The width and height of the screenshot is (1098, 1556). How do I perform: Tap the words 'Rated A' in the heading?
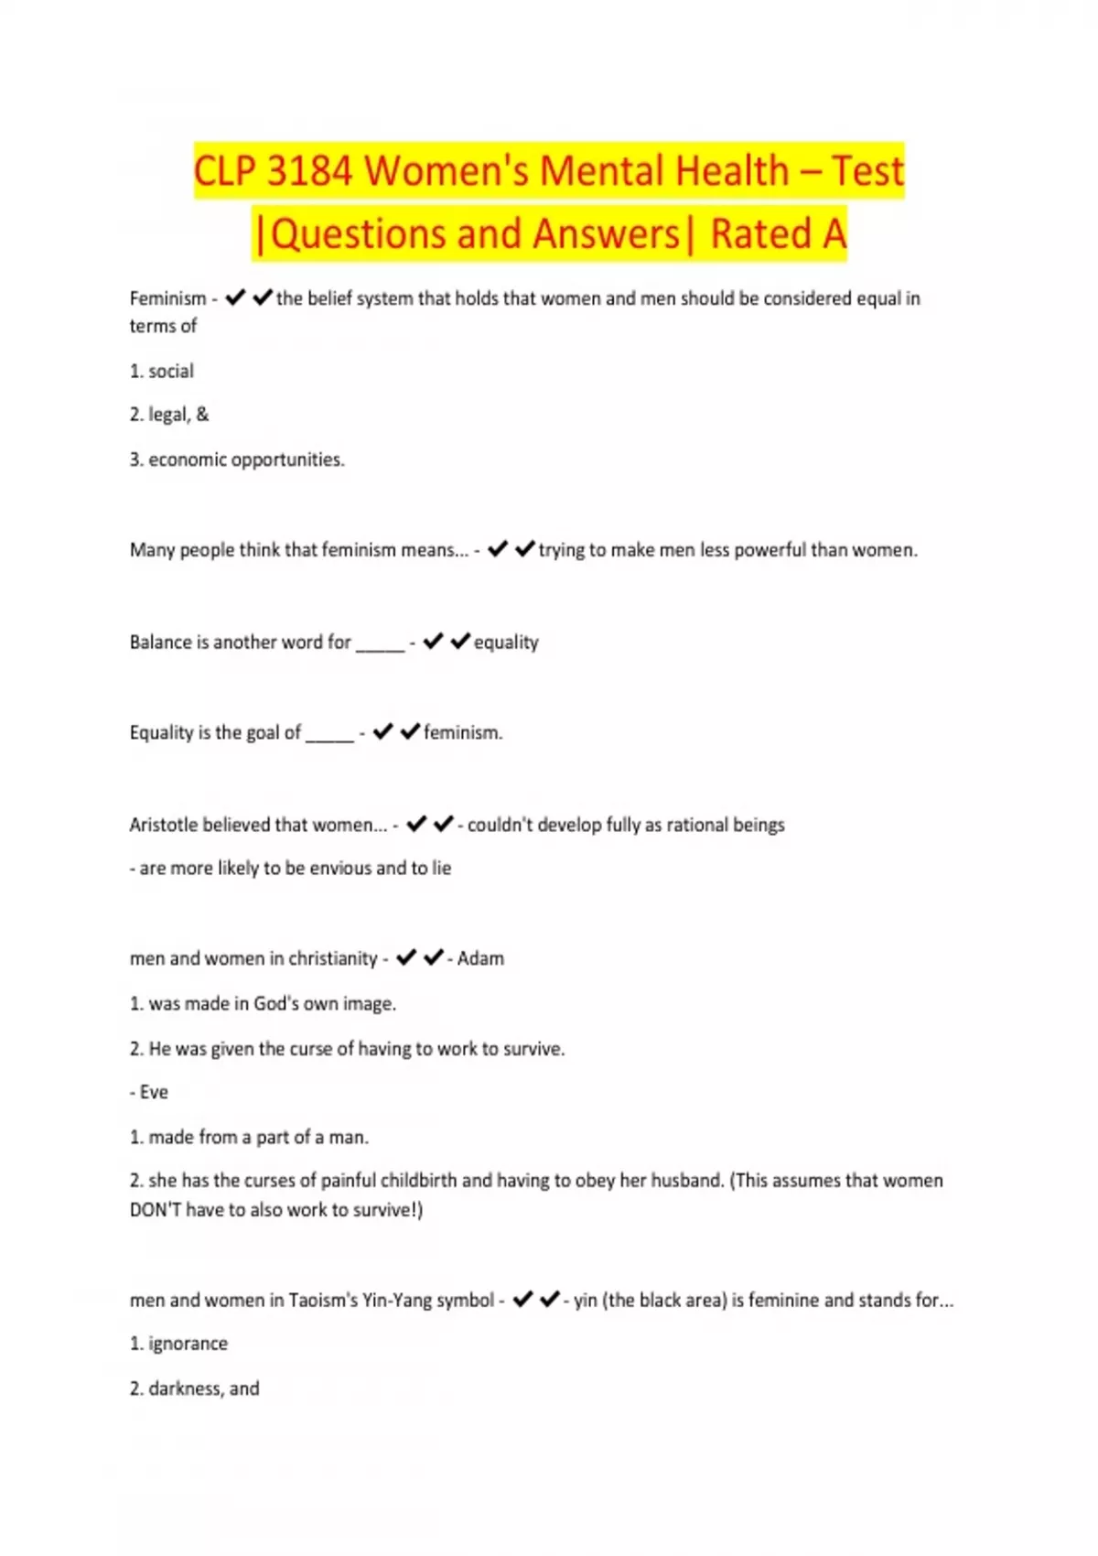pyautogui.click(x=778, y=234)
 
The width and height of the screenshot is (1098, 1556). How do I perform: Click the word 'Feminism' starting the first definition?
pyautogui.click(x=167, y=298)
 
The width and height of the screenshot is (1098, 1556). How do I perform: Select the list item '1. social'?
pyautogui.click(x=162, y=371)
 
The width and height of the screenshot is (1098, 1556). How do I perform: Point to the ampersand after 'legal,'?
pyautogui.click(x=202, y=415)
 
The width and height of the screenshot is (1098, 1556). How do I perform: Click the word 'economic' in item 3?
pyautogui.click(x=188, y=459)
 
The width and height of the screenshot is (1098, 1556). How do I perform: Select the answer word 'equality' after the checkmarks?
pyautogui.click(x=506, y=643)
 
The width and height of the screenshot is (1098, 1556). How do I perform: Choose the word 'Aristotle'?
pyautogui.click(x=163, y=825)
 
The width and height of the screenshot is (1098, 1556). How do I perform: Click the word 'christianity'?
pyautogui.click(x=332, y=958)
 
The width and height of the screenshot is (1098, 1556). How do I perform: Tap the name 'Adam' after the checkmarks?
pyautogui.click(x=480, y=958)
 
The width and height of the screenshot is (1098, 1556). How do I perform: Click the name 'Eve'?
pyautogui.click(x=154, y=1092)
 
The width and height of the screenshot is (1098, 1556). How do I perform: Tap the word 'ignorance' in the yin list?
pyautogui.click(x=188, y=1344)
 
